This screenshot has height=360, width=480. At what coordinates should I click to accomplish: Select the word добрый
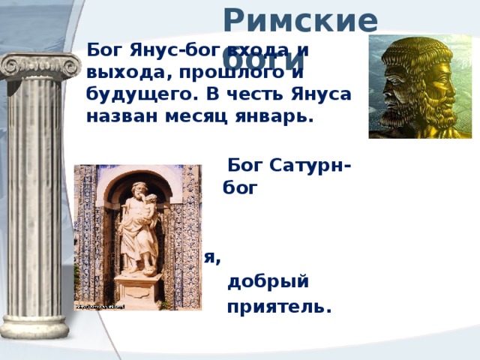pyautogui.click(x=267, y=282)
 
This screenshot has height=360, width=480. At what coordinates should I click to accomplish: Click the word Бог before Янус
pyautogui.click(x=102, y=50)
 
